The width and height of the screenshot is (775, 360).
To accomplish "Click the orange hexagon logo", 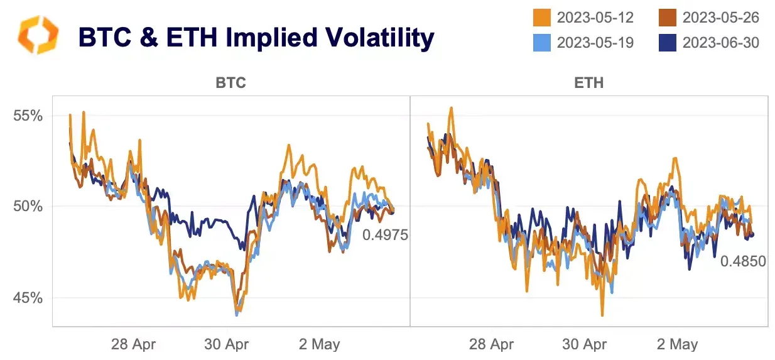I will click(38, 35).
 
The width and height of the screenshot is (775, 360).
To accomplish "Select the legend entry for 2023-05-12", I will click(595, 17).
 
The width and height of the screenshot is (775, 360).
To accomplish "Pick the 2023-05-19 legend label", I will click(595, 43).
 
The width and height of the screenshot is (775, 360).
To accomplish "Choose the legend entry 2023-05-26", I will click(720, 17).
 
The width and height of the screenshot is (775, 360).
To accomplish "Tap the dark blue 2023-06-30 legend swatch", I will click(667, 43).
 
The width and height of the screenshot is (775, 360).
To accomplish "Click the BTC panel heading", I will click(230, 83).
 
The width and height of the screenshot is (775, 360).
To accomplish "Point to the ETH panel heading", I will click(588, 83).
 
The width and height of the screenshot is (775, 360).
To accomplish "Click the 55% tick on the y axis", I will click(29, 116).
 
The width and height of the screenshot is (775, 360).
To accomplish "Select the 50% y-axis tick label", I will click(29, 207).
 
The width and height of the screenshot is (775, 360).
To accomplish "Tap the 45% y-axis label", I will click(29, 297).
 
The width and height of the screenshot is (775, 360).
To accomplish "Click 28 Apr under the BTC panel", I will click(134, 344).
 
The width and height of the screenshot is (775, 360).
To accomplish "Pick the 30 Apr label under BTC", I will click(227, 344).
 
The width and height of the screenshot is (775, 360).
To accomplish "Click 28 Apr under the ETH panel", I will click(492, 344).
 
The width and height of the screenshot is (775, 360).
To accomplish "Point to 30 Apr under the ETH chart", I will click(585, 344).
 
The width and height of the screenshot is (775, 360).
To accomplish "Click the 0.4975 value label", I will click(385, 236).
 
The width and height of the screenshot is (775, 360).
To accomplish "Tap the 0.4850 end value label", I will click(743, 261).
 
